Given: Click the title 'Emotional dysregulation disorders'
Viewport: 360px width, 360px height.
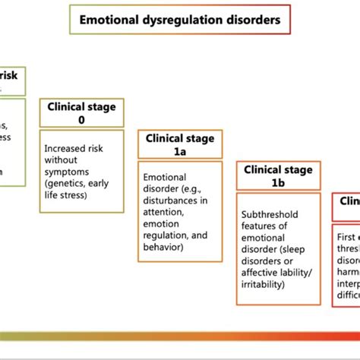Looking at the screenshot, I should point(179,18).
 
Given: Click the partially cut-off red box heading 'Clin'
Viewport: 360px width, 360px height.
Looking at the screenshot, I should point(349,201).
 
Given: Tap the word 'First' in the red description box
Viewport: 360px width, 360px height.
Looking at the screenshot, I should point(346,236).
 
